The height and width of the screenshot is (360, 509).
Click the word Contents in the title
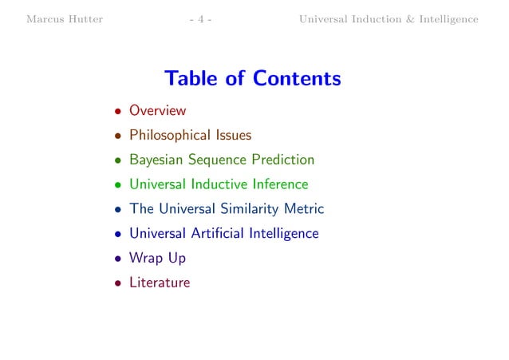point(297,79)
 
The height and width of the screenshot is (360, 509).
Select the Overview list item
point(157,111)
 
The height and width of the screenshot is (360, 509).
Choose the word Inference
point(279,184)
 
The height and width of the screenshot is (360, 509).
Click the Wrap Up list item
point(157,258)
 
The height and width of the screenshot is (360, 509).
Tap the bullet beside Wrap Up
point(116,259)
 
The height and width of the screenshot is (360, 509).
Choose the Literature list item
point(160,282)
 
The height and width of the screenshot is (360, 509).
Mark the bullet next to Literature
point(116,283)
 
